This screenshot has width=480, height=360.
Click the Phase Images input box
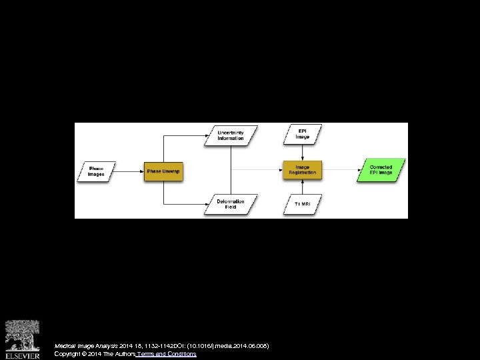pyautogui.click(x=97, y=171)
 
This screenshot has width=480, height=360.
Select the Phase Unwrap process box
pyautogui.click(x=163, y=171)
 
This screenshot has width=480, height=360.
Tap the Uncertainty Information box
pyautogui.click(x=231, y=135)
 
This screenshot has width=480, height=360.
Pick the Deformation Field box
pyautogui.click(x=231, y=204)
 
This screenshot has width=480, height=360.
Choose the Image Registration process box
pyautogui.click(x=303, y=171)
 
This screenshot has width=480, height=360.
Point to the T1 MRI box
pyautogui.click(x=303, y=204)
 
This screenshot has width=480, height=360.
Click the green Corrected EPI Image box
pyautogui.click(x=381, y=171)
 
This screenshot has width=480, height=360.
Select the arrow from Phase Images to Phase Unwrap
pyautogui.click(x=131, y=171)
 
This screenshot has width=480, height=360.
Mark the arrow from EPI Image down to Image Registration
pyautogui.click(x=303, y=153)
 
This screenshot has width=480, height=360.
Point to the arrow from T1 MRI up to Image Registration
pyautogui.click(x=303, y=188)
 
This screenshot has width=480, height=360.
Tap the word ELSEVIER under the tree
pyautogui.click(x=23, y=355)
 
